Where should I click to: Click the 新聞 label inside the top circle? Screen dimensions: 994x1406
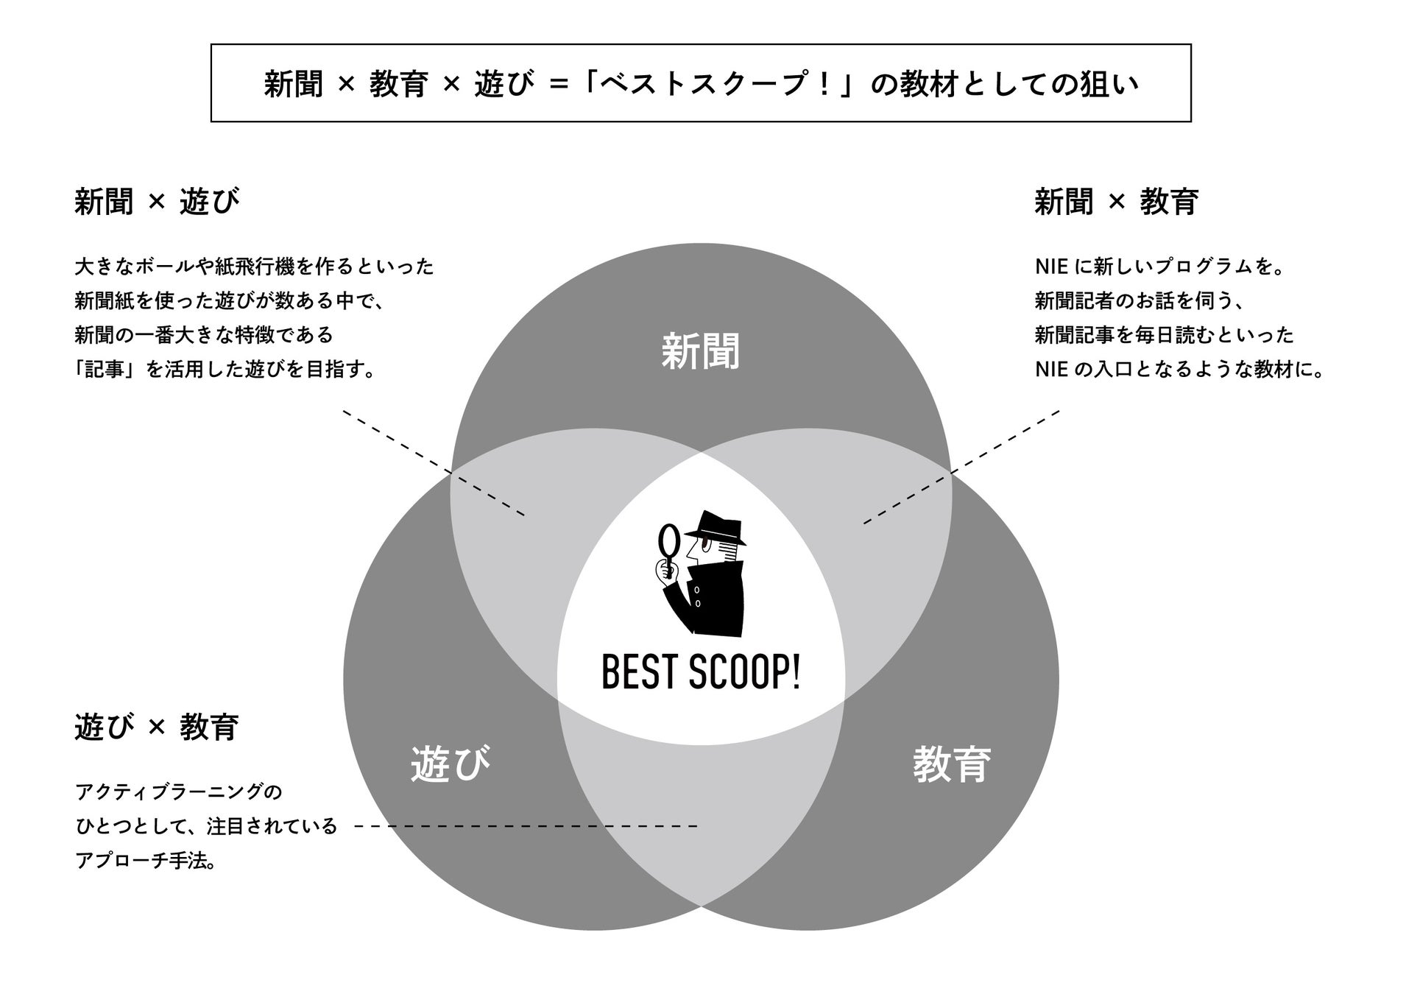click(700, 350)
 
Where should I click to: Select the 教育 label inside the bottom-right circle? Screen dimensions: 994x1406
click(952, 764)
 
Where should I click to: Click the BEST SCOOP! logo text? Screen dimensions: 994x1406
click(701, 673)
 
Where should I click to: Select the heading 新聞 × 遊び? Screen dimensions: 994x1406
click(157, 201)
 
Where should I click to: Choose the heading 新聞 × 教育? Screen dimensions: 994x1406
click(1116, 201)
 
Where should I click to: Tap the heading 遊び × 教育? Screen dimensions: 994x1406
click(157, 727)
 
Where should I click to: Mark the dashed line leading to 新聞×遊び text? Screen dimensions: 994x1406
click(434, 463)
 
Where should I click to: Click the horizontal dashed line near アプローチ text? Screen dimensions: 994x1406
click(526, 826)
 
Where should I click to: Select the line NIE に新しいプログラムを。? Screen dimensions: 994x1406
click(1159, 267)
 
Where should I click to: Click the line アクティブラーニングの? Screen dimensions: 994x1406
click(179, 792)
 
